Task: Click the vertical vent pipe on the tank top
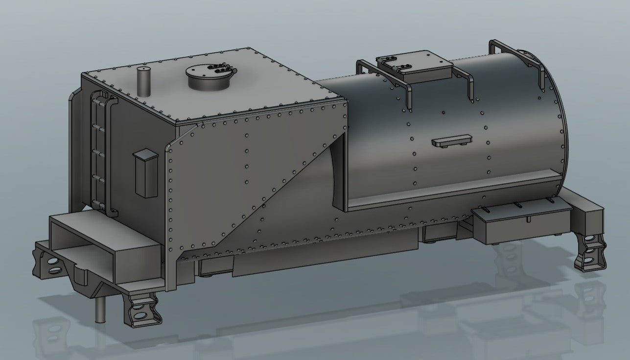click(143, 82)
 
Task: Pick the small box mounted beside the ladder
click(145, 172)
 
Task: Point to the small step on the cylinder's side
click(452, 141)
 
